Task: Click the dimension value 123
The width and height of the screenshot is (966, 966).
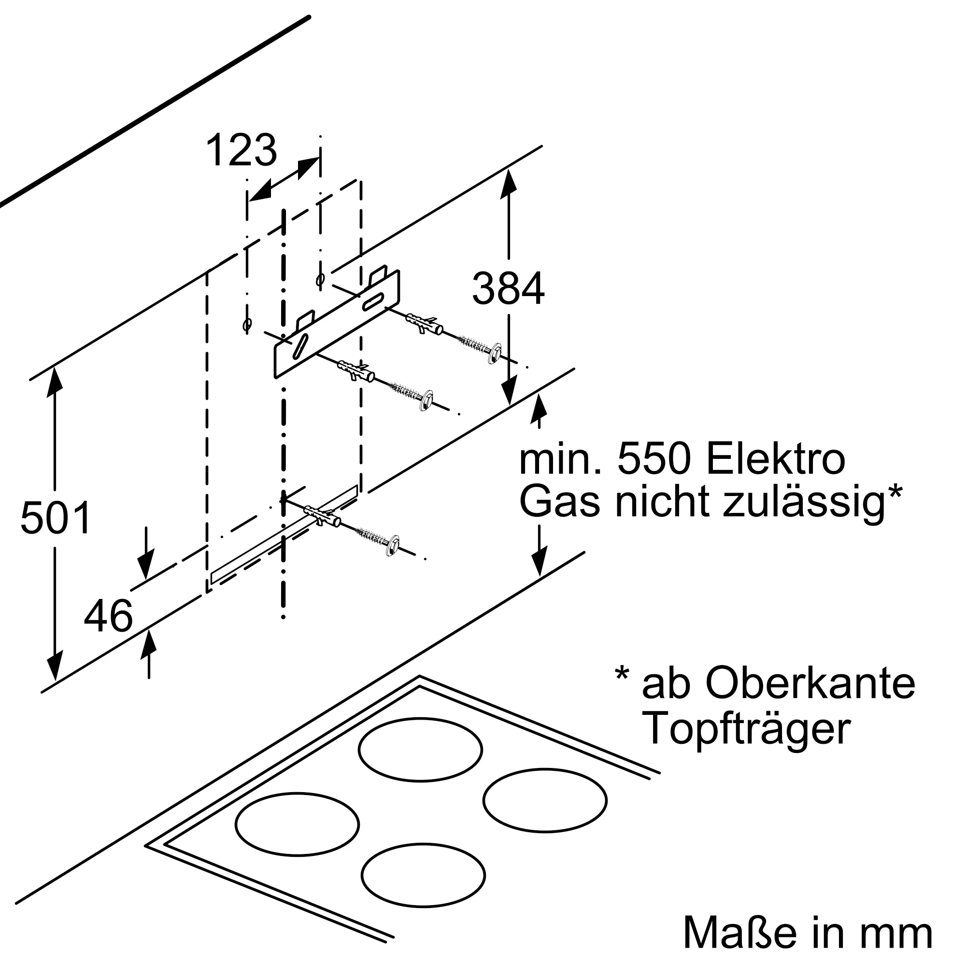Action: (241, 150)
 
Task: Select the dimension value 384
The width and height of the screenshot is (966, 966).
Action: (509, 288)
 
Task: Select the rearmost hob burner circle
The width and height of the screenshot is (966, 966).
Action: (421, 750)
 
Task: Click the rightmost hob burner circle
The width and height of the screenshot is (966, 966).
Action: (545, 800)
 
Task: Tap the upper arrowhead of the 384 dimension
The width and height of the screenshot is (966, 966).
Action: (509, 185)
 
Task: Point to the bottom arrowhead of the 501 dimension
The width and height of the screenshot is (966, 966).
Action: (55, 666)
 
